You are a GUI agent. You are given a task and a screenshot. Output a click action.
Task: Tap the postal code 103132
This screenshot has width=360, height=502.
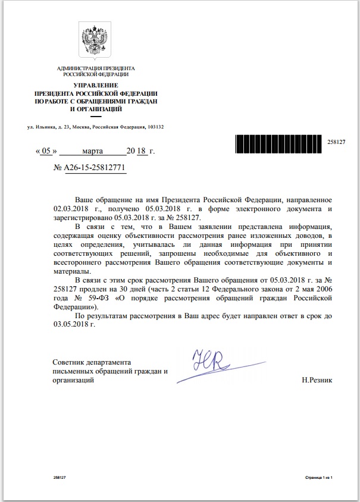pos(155,127)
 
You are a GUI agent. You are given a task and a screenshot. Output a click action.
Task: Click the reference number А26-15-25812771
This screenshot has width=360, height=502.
pos(95,169)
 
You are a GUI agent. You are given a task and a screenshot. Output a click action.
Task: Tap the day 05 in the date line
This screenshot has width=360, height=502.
pos(43,152)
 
